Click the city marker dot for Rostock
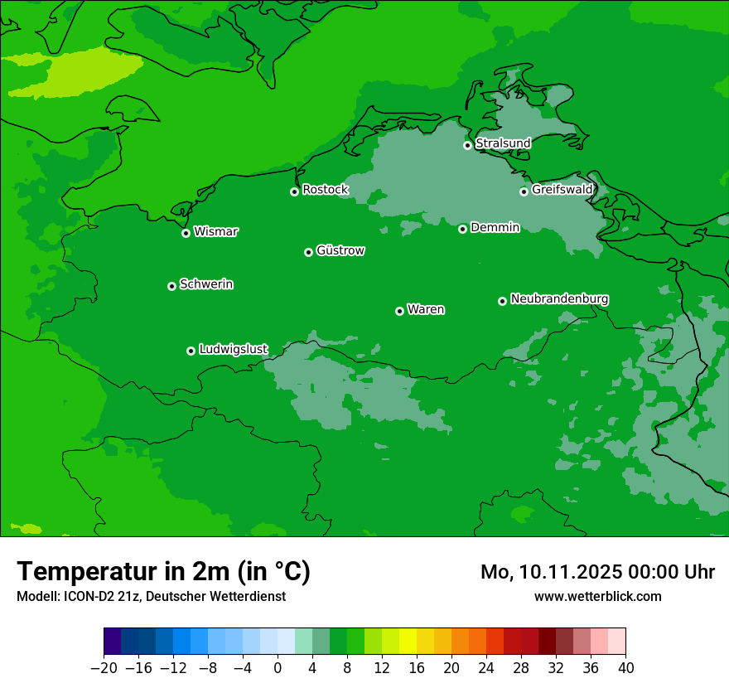point(294,191)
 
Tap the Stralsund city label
point(503,143)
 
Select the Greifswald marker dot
point(524,191)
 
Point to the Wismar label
point(215,231)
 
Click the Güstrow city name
point(340,250)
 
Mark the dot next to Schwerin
point(171,286)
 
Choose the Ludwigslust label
point(234,349)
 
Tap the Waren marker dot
point(399,311)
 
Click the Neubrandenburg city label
point(560,298)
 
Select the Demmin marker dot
point(462,229)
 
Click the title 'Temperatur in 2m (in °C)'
point(163,571)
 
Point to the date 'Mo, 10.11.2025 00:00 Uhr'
point(597,572)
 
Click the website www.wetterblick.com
point(597,596)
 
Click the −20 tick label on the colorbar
point(104,668)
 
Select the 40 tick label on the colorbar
point(625,668)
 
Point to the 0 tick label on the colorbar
point(278,668)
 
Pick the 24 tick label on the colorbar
point(486,668)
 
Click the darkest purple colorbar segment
point(113,642)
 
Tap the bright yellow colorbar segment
point(408,642)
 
